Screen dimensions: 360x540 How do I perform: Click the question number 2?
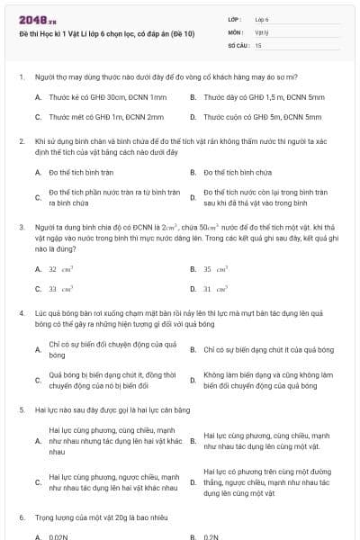pos(22,141)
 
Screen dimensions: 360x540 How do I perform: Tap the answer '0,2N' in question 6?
pos(211,536)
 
